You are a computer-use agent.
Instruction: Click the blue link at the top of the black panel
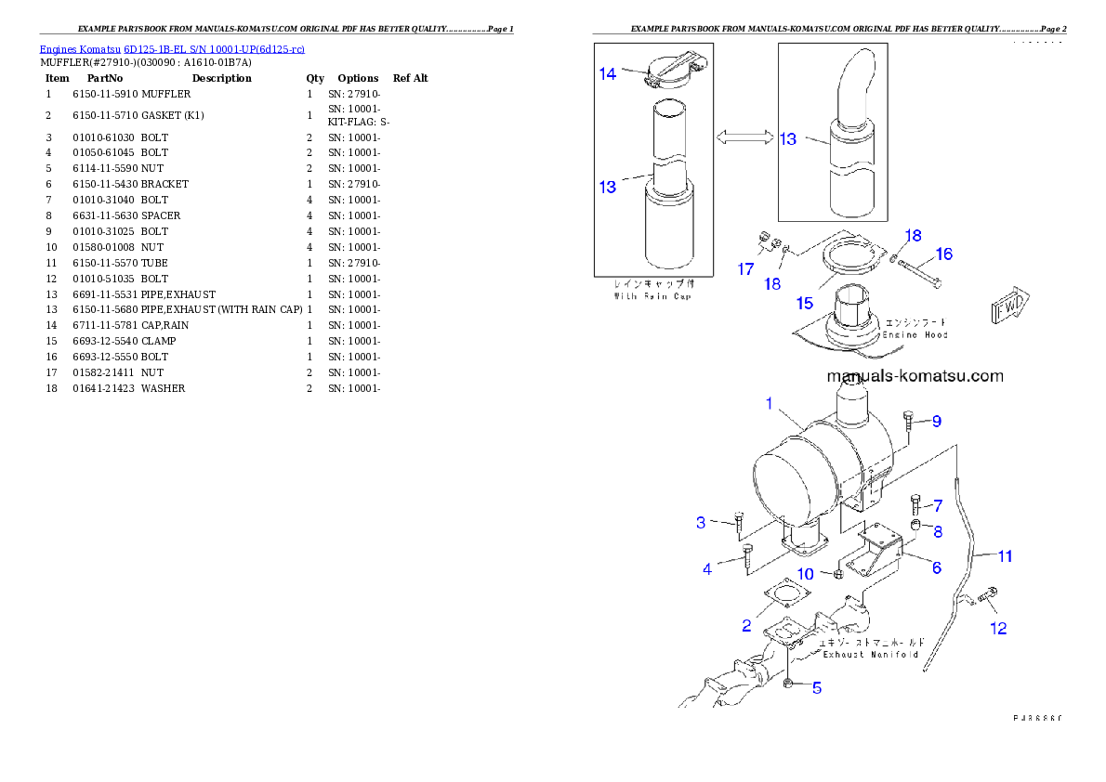[x=172, y=49]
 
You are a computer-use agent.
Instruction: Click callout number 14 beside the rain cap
[x=608, y=74]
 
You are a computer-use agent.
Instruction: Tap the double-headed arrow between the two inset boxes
[x=744, y=137]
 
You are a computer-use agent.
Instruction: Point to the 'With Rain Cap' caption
[x=652, y=290]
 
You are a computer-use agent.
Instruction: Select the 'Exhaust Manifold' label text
[x=871, y=648]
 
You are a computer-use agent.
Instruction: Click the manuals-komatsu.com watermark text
[x=915, y=376]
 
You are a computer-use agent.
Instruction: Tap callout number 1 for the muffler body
[x=770, y=403]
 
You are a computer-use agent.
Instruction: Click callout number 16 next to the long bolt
[x=943, y=254]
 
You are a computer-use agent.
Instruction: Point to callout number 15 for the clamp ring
[x=804, y=303]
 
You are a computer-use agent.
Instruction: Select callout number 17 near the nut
[x=746, y=269]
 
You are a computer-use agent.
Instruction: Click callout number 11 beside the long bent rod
[x=1006, y=556]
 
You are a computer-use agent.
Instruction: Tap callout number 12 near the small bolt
[x=998, y=629]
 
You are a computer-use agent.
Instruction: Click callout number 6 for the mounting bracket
[x=936, y=567]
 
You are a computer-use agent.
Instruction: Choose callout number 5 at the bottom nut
[x=817, y=688]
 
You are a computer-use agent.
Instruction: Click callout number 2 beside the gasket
[x=746, y=626]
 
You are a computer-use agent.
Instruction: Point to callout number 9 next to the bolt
[x=937, y=422]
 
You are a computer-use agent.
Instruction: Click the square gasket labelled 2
[x=787, y=598]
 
